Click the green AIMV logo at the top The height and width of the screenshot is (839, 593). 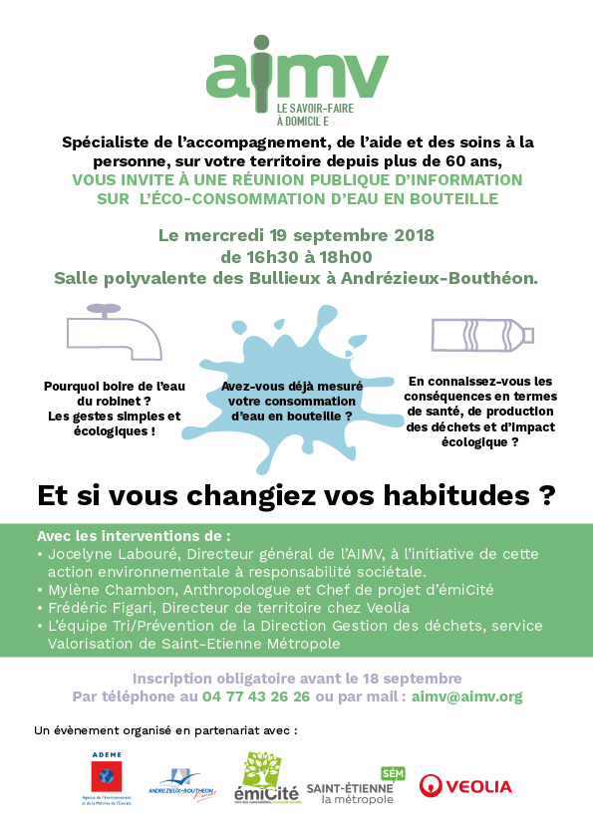(297, 72)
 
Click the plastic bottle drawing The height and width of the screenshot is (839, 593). (482, 335)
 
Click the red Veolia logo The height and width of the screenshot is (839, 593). (465, 786)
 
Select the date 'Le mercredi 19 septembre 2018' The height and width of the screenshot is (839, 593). (296, 236)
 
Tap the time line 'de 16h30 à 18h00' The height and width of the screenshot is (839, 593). (296, 257)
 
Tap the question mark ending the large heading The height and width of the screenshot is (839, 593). (546, 493)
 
